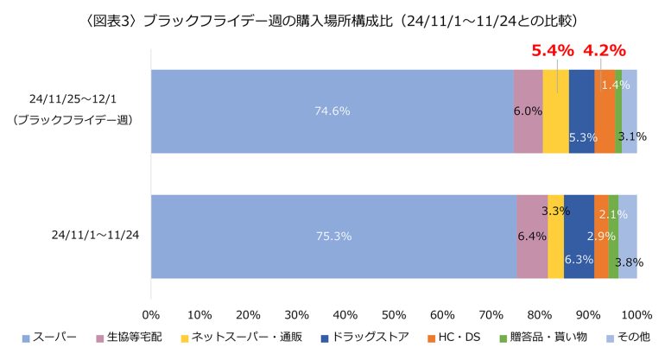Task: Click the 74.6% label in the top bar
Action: pos(332,111)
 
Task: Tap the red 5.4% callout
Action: pos(552,50)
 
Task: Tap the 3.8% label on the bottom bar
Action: pos(630,262)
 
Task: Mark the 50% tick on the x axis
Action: pos(394,312)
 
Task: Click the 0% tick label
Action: pos(151,312)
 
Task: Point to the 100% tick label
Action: pos(636,312)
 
